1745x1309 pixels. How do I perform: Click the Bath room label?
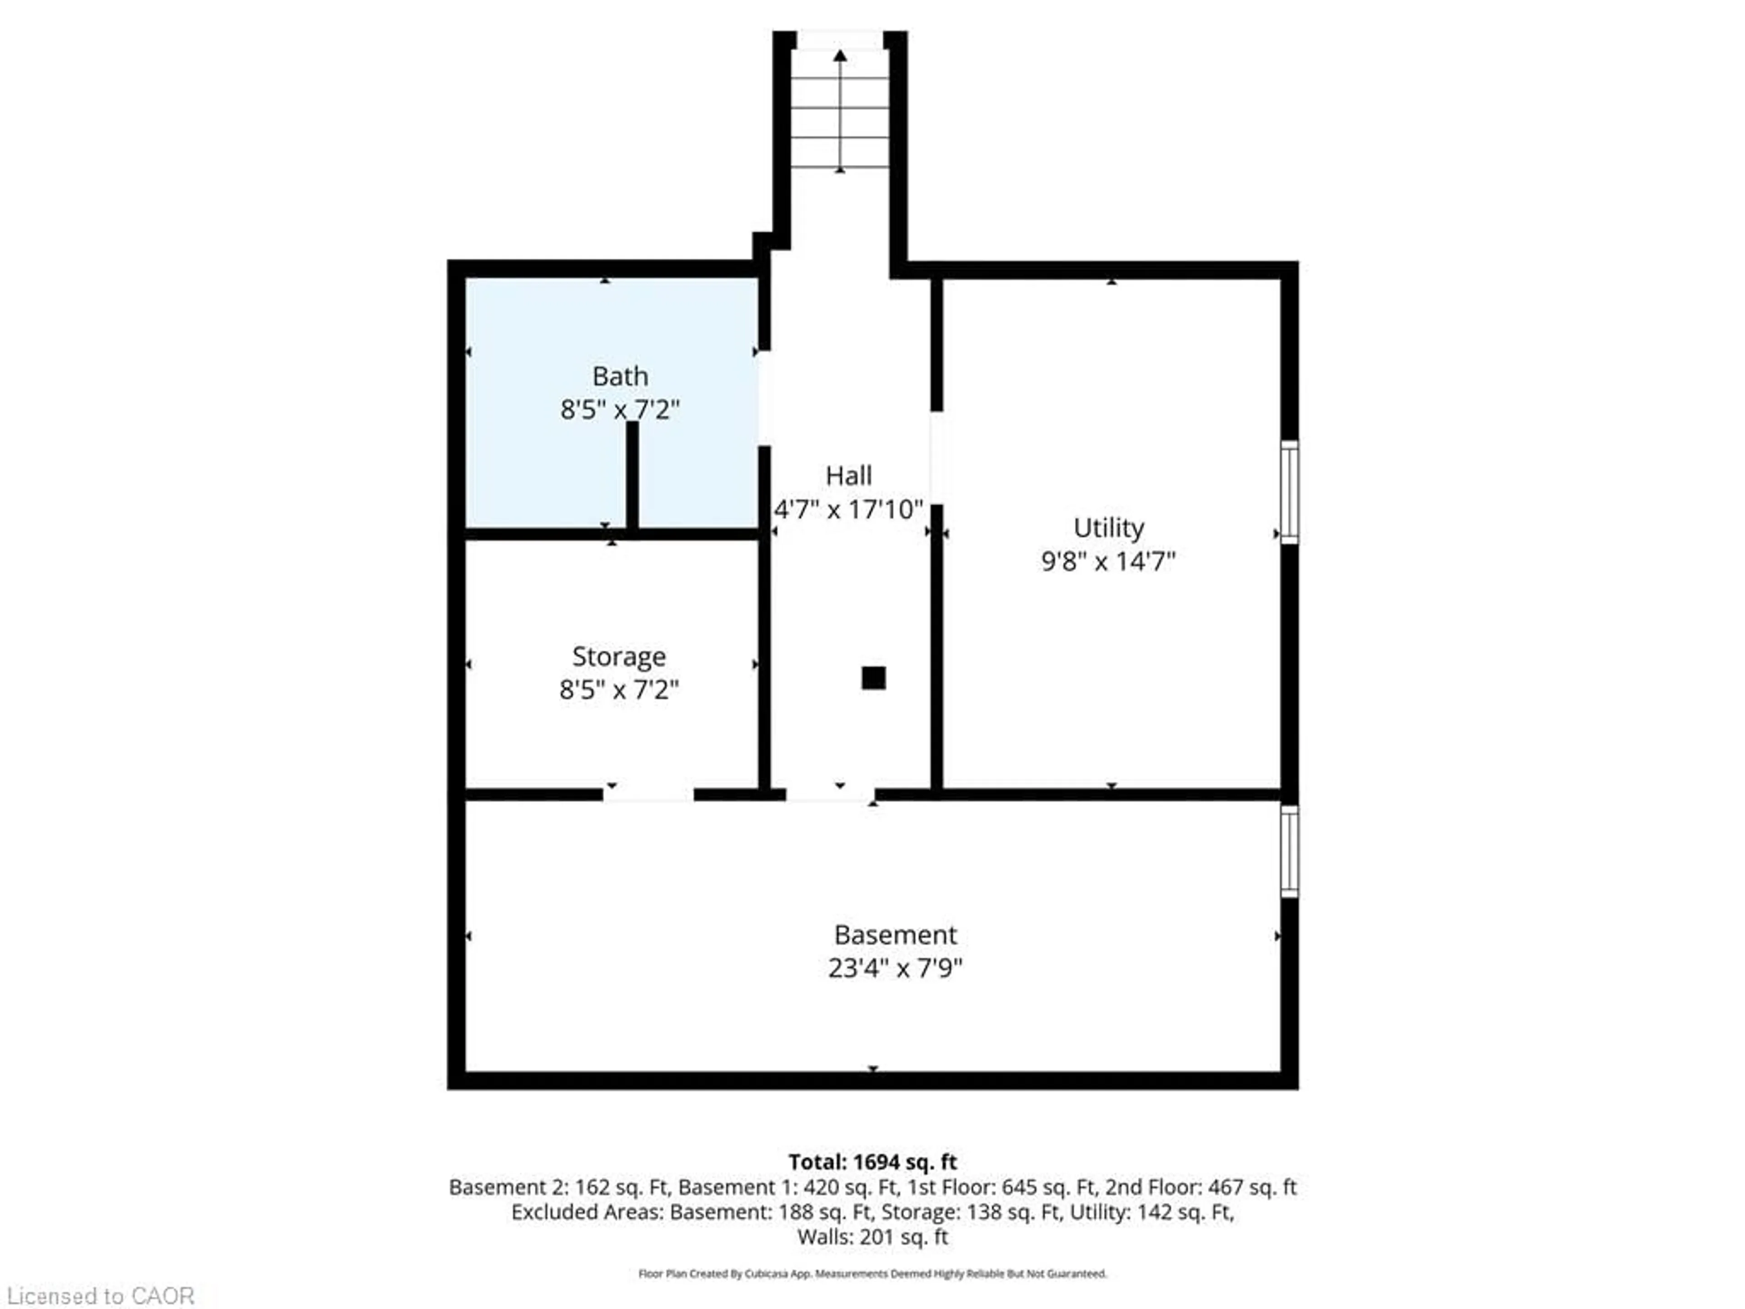(620, 376)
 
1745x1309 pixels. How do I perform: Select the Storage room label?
(618, 656)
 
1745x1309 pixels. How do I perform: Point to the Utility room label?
(1108, 527)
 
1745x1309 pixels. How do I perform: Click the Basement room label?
(895, 935)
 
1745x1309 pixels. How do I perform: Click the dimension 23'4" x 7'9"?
(895, 968)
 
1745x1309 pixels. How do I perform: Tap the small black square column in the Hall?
(873, 678)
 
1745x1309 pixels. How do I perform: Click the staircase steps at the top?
(840, 110)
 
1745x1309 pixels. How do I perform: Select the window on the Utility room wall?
(1289, 492)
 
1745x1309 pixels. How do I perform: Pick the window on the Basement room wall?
(1289, 850)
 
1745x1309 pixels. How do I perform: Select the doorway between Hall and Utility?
(937, 458)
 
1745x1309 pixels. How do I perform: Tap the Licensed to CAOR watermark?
(100, 1295)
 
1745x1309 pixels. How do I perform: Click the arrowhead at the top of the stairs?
(840, 55)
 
